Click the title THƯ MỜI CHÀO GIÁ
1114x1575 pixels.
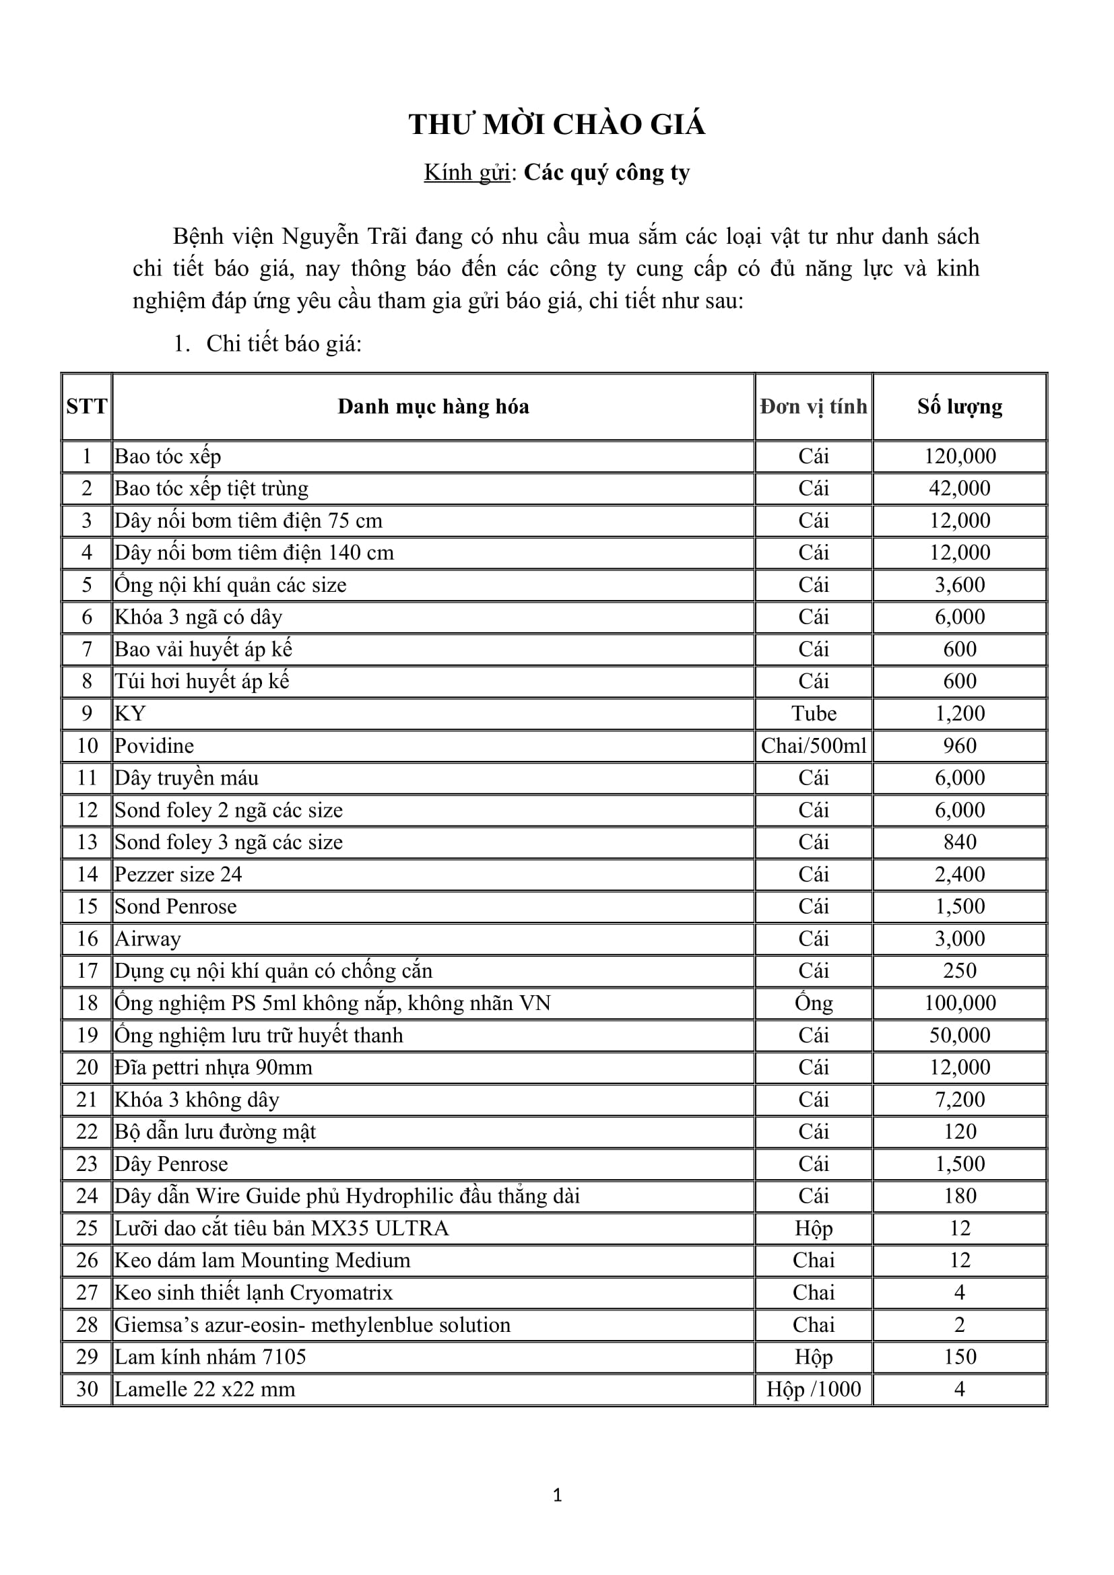(x=556, y=125)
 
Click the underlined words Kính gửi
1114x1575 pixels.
(x=467, y=172)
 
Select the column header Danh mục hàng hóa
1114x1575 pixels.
(x=433, y=407)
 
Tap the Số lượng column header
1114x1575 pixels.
(x=959, y=407)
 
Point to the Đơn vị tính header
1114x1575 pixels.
(x=813, y=407)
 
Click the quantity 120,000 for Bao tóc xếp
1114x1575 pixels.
(x=959, y=456)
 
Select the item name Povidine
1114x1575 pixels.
(x=154, y=745)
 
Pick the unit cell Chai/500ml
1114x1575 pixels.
(x=813, y=745)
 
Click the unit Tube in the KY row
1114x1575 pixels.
(x=813, y=713)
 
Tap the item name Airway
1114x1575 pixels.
(x=148, y=939)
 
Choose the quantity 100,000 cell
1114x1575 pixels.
(x=959, y=1003)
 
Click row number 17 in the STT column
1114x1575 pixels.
(x=87, y=971)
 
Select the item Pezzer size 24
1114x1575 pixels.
(x=178, y=874)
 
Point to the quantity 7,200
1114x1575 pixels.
(x=959, y=1100)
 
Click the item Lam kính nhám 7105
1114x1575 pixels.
(x=210, y=1357)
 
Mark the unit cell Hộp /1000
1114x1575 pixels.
(x=813, y=1389)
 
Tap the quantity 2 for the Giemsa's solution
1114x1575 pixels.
(x=959, y=1325)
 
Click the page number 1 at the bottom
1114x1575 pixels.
(x=557, y=1496)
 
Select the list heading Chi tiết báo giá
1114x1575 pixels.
(x=284, y=343)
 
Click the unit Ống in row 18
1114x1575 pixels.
(x=813, y=1003)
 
